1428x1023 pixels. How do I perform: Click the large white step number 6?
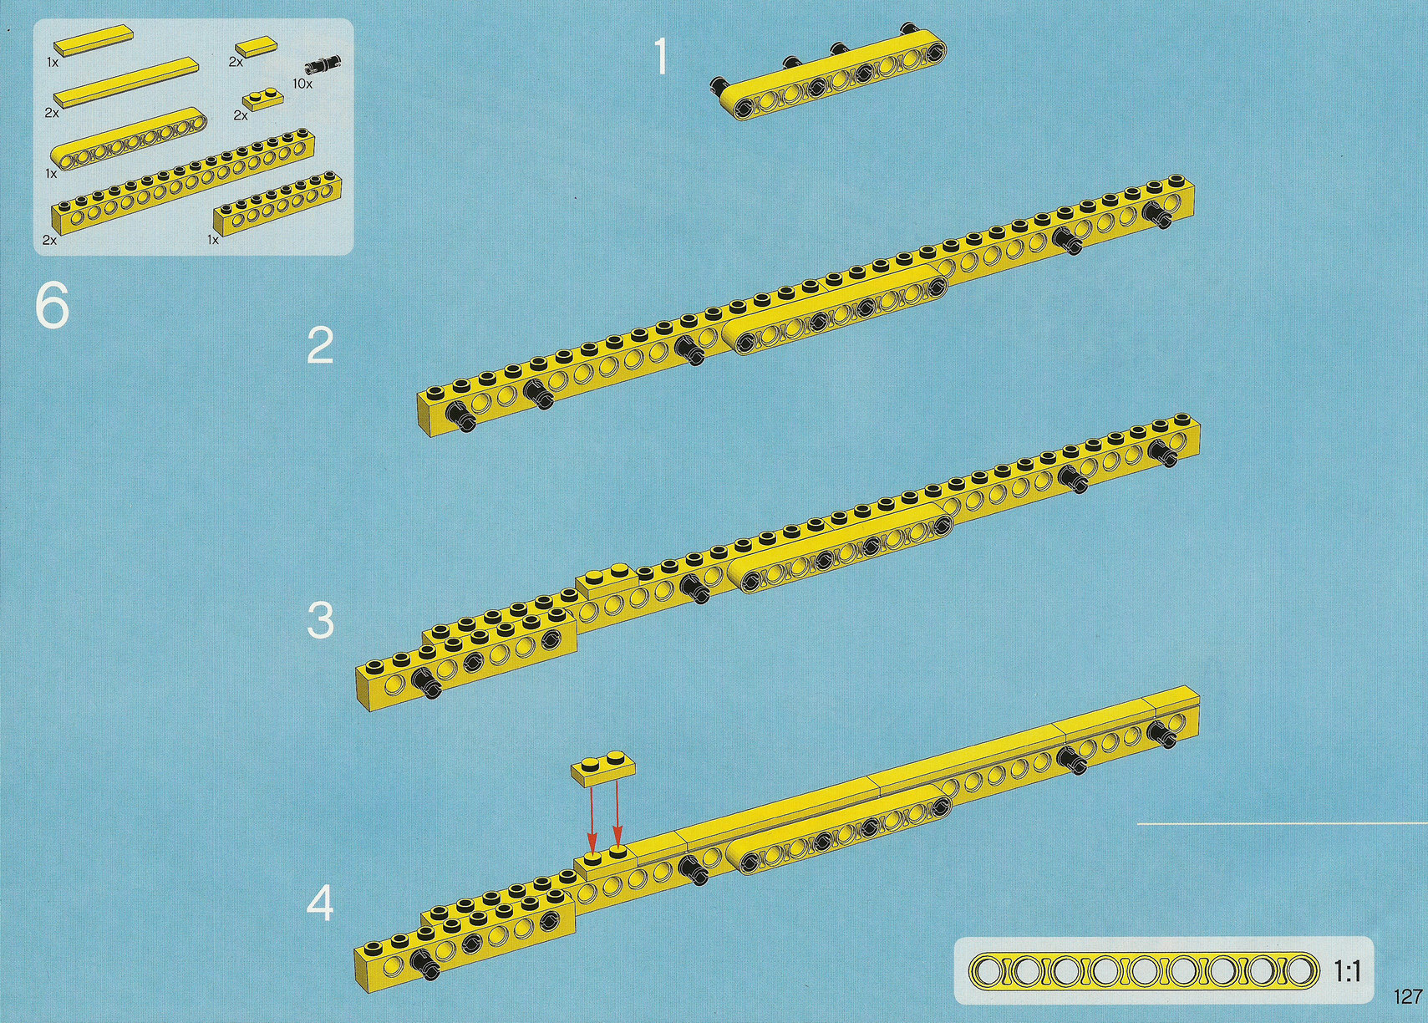click(53, 307)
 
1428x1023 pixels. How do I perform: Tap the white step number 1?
click(662, 55)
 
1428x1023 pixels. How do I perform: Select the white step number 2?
click(320, 346)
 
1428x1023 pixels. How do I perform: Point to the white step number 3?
click(320, 621)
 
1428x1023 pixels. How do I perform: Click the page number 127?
click(1408, 996)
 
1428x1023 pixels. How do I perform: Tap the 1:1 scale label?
click(1348, 972)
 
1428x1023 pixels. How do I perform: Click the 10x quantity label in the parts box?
click(302, 84)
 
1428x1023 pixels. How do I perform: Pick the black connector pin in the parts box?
click(324, 64)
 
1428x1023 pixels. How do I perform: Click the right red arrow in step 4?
click(617, 814)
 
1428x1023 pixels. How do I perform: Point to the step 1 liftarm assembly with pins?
click(830, 74)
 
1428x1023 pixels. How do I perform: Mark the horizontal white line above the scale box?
click(1282, 823)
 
